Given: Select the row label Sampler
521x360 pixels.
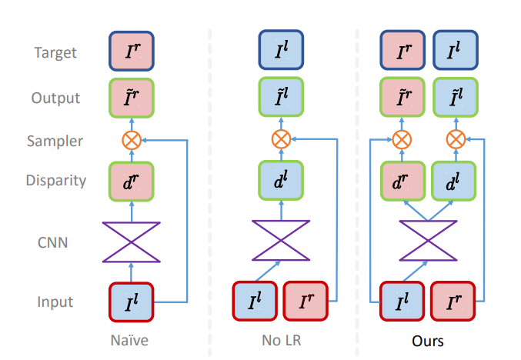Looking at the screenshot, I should point(55,141).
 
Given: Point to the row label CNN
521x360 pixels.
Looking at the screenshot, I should point(55,243).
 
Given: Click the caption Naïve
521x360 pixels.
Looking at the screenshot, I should point(131,339).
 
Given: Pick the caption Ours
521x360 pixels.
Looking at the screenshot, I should point(427,339).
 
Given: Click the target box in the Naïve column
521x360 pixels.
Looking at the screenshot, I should point(132,53).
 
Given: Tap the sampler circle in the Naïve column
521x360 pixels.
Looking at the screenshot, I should point(132,141).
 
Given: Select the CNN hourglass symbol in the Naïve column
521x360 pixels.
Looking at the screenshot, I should point(132,242).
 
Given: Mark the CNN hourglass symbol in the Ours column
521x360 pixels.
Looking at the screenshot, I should point(427,242).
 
